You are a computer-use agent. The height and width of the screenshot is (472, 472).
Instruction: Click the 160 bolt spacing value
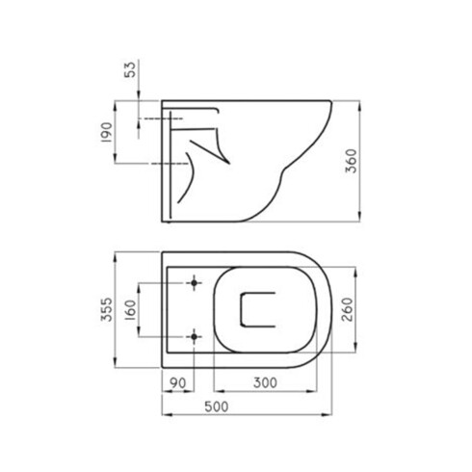pos(131,310)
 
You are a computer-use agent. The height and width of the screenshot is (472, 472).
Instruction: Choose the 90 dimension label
pos(176,382)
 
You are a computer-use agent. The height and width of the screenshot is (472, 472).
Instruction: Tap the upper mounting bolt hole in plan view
pos(196,283)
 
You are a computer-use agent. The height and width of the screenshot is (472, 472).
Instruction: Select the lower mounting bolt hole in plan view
pos(196,336)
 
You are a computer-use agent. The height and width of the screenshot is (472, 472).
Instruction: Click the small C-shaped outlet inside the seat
pos(256,310)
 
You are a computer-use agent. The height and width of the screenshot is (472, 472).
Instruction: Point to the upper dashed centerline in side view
pos(159,118)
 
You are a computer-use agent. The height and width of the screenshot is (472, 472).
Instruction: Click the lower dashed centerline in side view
pos(159,164)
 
